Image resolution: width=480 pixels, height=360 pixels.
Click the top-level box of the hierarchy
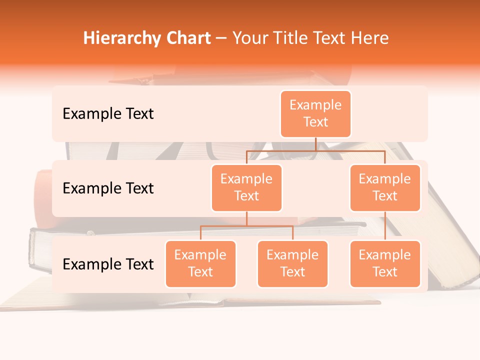click(315, 113)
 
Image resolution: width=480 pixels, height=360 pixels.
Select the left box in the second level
click(246, 187)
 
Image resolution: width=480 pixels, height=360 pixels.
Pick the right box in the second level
click(385, 187)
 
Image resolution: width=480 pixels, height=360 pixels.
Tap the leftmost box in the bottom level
click(200, 263)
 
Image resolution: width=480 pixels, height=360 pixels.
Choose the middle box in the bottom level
click(292, 263)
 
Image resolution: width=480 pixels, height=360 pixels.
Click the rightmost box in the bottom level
click(385, 263)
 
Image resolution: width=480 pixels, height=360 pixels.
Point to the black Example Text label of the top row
click(108, 114)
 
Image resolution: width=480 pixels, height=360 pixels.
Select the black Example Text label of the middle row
click(108, 188)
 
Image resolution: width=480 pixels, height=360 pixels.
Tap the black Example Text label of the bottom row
click(108, 264)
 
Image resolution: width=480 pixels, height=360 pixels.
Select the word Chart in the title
click(185, 38)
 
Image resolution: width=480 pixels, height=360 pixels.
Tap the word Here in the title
click(370, 38)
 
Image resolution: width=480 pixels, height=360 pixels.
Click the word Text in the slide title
click(328, 38)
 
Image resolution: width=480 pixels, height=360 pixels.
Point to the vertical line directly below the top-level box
click(315, 144)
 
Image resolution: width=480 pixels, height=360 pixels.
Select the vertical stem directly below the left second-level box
click(246, 218)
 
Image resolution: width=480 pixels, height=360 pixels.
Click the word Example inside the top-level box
click(315, 105)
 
